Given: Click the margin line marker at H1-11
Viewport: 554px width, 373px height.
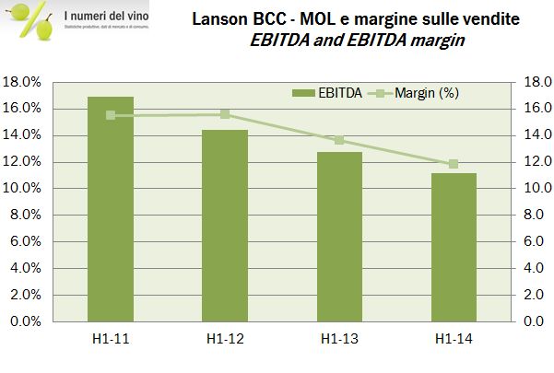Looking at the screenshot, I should pyautogui.click(x=111, y=115).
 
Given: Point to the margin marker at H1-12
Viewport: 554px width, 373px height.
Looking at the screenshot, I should pyautogui.click(x=225, y=114).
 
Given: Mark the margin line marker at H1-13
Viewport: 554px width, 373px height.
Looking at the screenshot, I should pyautogui.click(x=339, y=140).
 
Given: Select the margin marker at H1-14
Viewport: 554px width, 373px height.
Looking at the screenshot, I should pyautogui.click(x=454, y=164).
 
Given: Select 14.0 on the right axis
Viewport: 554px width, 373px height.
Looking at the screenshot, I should pyautogui.click(x=536, y=135).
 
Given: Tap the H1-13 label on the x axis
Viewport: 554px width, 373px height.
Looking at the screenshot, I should pyautogui.click(x=339, y=341).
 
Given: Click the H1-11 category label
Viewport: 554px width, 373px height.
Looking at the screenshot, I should pyautogui.click(x=111, y=341).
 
